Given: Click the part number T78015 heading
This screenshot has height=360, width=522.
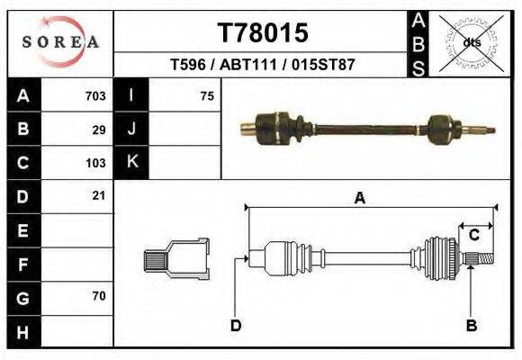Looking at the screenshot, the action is pos(263,33).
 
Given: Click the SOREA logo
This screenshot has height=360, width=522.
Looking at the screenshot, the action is pos(60,41).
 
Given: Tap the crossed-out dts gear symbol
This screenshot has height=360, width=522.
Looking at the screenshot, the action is pos(471,43).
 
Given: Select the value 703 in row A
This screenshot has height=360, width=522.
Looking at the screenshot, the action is pos(95,96).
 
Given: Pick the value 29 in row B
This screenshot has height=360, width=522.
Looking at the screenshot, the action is pos(99,130).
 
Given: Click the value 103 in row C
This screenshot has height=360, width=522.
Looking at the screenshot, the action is pos(95,163).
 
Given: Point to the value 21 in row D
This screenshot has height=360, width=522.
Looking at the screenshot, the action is pos(99,195).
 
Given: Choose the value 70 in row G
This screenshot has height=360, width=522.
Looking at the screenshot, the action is pos(99,296).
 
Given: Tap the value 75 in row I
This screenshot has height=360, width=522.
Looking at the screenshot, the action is pos(207,96).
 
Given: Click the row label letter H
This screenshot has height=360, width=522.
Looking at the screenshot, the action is pos(22,332).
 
